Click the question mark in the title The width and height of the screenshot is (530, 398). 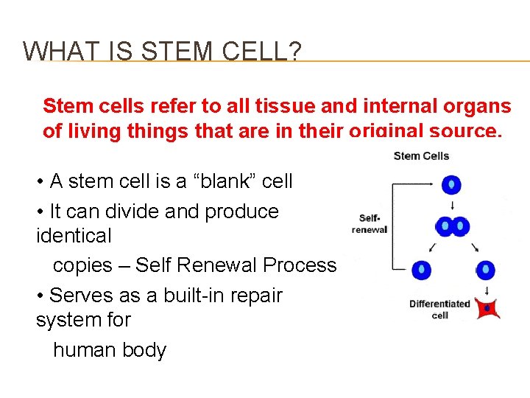point(294,51)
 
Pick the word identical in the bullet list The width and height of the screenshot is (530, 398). point(74,236)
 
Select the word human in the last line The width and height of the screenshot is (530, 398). point(81,349)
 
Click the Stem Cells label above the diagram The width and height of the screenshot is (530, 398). point(421,156)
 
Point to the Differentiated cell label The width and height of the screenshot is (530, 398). point(439,309)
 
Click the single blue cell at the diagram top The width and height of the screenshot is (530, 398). point(451,184)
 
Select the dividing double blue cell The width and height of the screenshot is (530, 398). point(452,226)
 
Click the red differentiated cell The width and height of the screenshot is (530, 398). point(487,308)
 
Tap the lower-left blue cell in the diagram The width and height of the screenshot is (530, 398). point(421,270)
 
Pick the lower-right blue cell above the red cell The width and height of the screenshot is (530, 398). point(486,270)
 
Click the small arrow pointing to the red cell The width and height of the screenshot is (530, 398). point(487,290)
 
